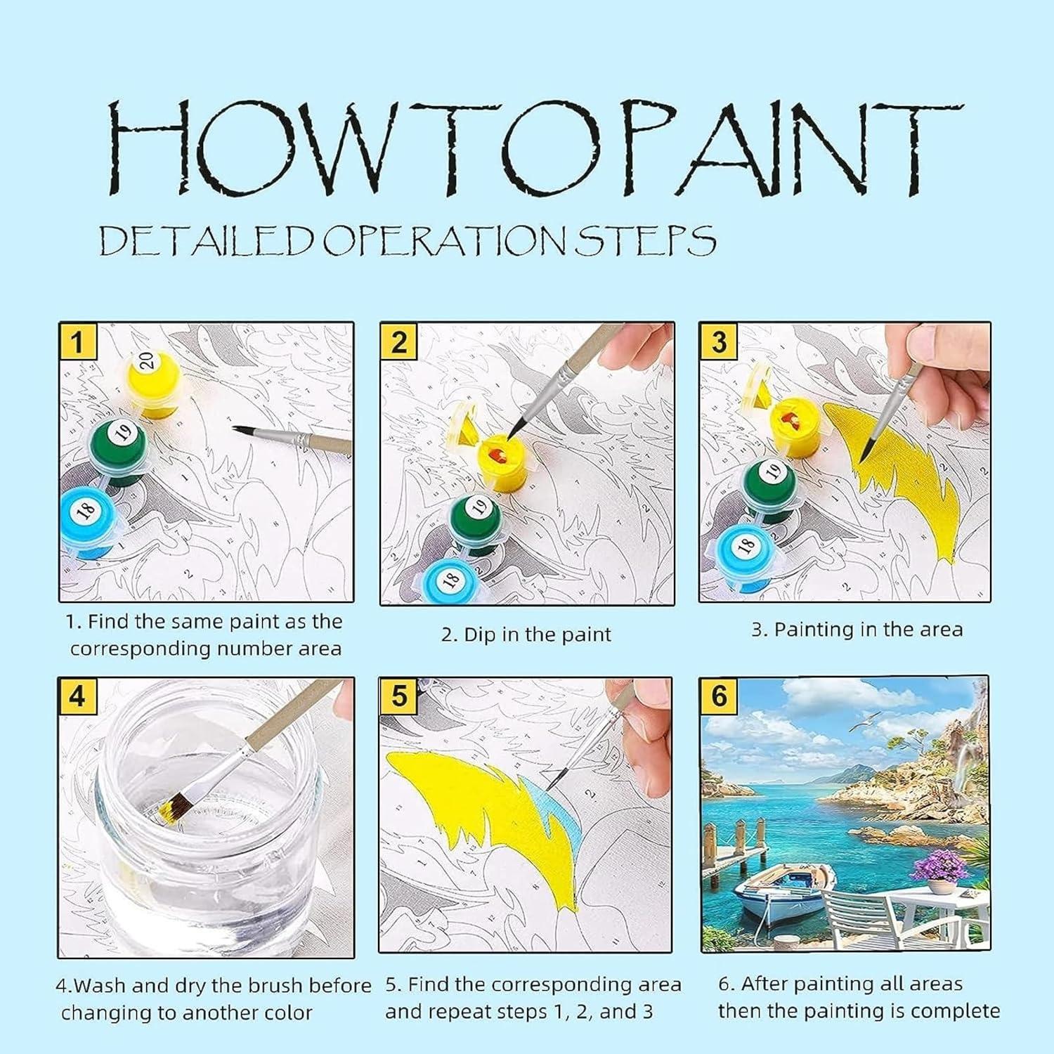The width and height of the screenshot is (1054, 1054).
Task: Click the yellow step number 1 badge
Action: tap(77, 342)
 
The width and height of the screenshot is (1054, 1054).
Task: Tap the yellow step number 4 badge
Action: tap(77, 696)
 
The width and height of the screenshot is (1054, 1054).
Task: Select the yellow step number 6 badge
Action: tap(719, 696)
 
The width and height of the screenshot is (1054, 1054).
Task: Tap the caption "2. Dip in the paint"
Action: tap(526, 635)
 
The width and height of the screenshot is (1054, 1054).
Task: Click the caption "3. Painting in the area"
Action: tap(857, 630)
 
